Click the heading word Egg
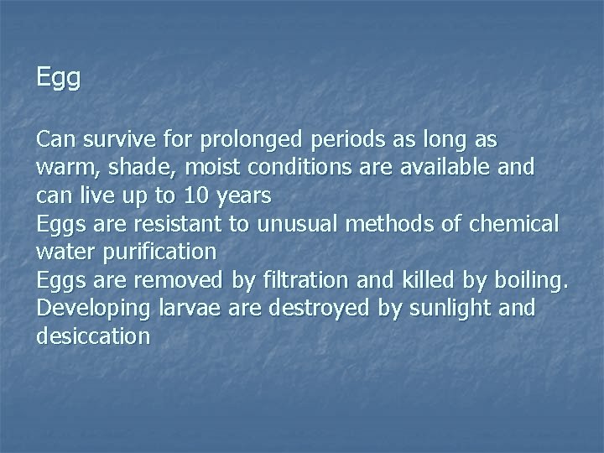point(59,79)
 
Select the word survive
point(117,138)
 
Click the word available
point(436,167)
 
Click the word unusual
point(293,224)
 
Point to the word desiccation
point(94,337)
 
